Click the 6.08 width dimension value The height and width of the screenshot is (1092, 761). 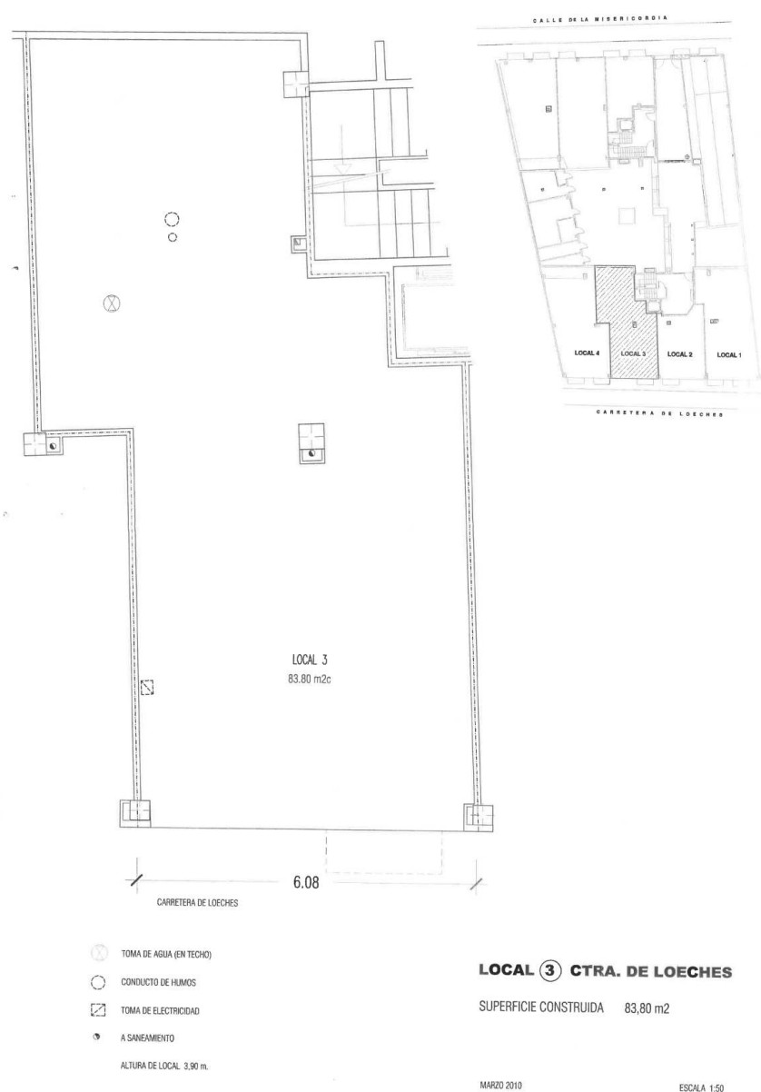306,882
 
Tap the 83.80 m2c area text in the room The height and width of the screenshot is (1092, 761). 310,679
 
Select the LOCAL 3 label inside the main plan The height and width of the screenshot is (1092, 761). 310,660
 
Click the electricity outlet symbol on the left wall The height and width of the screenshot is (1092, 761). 147,688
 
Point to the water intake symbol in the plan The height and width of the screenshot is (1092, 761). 113,303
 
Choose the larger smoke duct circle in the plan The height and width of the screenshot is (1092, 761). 172,220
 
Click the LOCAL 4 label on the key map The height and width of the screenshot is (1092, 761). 587,353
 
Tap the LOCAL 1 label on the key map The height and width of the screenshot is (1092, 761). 729,355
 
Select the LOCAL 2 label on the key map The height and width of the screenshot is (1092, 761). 679,354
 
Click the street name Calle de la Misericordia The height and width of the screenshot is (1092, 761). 600,19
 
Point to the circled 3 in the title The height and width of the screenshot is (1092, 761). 550,970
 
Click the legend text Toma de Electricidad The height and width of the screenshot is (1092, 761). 161,1011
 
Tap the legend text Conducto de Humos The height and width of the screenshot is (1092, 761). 158,982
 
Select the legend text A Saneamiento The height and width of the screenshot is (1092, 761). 147,1038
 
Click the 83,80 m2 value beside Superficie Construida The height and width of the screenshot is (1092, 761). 647,1008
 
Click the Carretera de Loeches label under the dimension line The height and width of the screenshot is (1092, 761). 197,903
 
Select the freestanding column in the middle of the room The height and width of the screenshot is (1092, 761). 311,443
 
